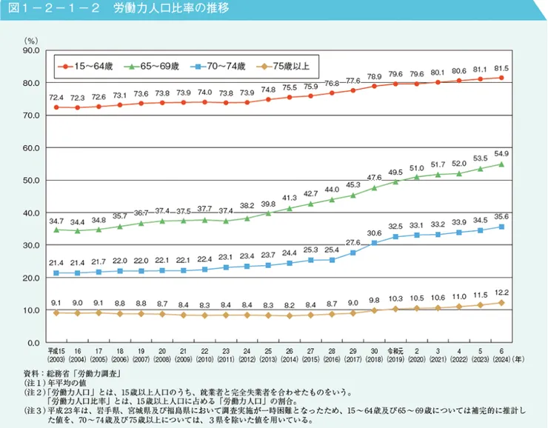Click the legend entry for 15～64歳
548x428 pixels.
click(x=89, y=66)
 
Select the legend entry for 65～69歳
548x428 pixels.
click(x=153, y=66)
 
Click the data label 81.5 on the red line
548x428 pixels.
click(x=501, y=68)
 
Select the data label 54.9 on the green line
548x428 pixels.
click(x=501, y=153)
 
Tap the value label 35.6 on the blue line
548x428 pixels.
click(x=501, y=216)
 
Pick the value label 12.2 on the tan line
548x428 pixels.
click(x=501, y=292)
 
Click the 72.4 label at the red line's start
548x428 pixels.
click(x=56, y=97)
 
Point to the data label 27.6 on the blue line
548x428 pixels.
click(x=353, y=242)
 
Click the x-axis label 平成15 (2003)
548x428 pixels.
click(x=56, y=354)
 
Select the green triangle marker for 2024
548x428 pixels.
click(x=501, y=164)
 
